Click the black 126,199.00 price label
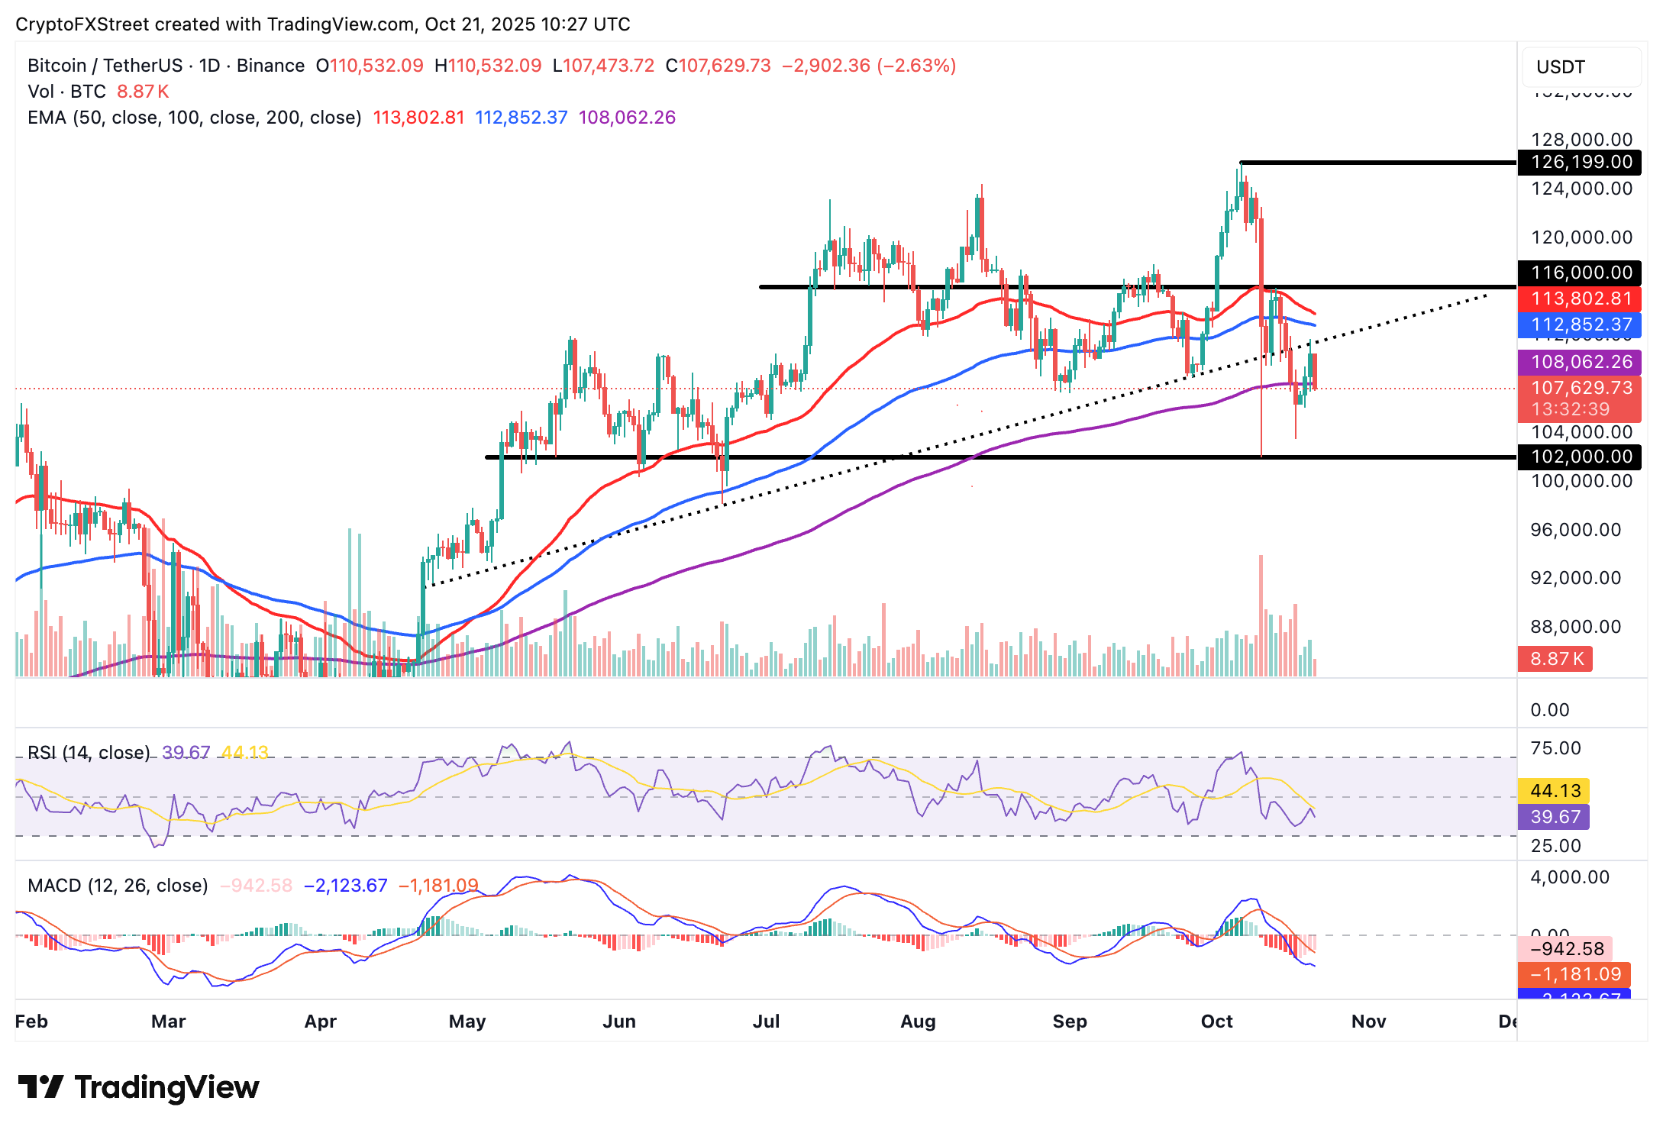1578,162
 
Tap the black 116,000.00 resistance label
1578,273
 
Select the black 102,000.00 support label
1578,457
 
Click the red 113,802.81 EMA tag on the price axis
1578,299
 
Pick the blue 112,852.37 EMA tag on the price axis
1578,324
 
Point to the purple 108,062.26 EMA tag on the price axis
1578,362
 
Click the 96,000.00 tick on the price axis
1575,530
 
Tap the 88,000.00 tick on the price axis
1575,627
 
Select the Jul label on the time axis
766,1022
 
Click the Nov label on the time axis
1368,1022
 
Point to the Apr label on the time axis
321,1022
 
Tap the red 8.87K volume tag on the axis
1555,659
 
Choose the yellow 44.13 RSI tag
1553,791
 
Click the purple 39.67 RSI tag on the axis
1553,817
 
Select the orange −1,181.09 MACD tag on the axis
1574,974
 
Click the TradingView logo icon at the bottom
40,1087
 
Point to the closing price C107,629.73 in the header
718,66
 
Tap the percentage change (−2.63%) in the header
916,66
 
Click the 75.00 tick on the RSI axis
1555,748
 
